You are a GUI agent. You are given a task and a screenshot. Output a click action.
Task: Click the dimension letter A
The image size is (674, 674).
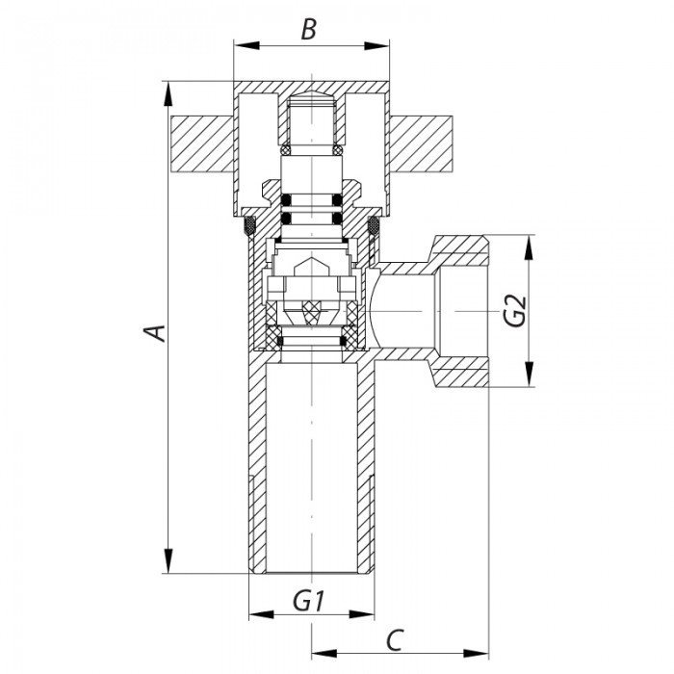click(154, 333)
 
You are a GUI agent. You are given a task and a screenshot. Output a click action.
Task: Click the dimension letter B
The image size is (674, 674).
click(309, 30)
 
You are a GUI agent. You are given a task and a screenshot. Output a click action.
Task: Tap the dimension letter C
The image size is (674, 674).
click(395, 640)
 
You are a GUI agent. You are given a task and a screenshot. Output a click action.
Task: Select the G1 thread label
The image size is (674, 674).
click(308, 601)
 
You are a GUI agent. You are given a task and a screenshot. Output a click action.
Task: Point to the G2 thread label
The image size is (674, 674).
click(515, 311)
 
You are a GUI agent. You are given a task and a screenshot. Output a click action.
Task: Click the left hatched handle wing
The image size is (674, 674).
click(202, 144)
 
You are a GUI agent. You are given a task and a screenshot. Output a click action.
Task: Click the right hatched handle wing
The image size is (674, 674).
click(421, 144)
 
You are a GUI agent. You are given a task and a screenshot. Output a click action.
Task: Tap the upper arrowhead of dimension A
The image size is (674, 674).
click(168, 93)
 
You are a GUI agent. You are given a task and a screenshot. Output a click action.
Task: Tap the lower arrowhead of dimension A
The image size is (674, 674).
click(168, 561)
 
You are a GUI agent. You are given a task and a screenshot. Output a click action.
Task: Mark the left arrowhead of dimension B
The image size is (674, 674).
click(246, 46)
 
